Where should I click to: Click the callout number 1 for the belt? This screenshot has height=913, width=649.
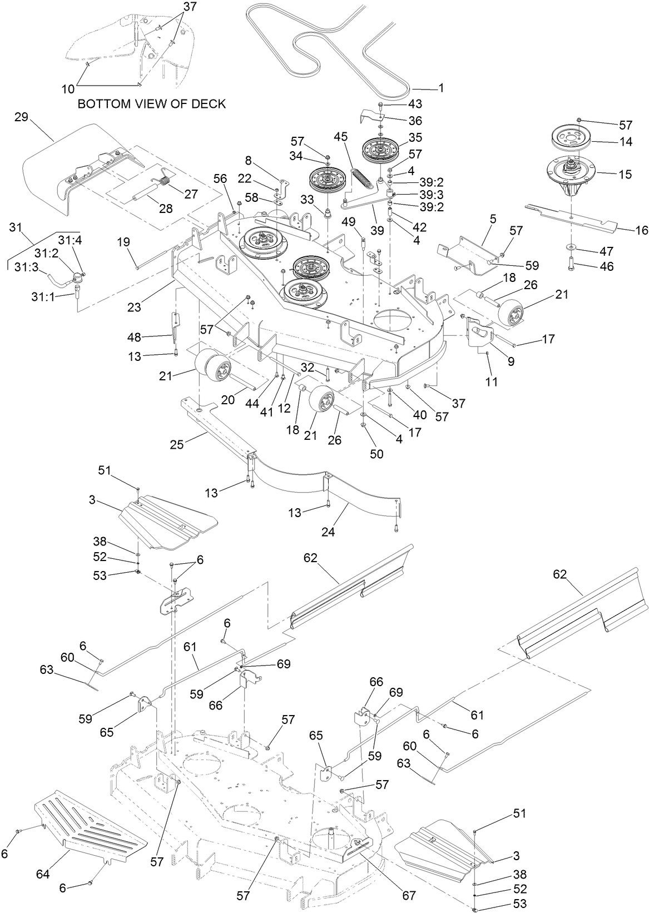441,88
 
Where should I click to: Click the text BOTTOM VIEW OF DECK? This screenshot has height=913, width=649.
151,104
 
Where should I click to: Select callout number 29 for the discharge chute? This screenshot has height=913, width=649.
22,117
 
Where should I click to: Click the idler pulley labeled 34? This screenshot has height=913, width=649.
328,180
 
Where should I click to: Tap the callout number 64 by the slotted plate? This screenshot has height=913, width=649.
43,875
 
